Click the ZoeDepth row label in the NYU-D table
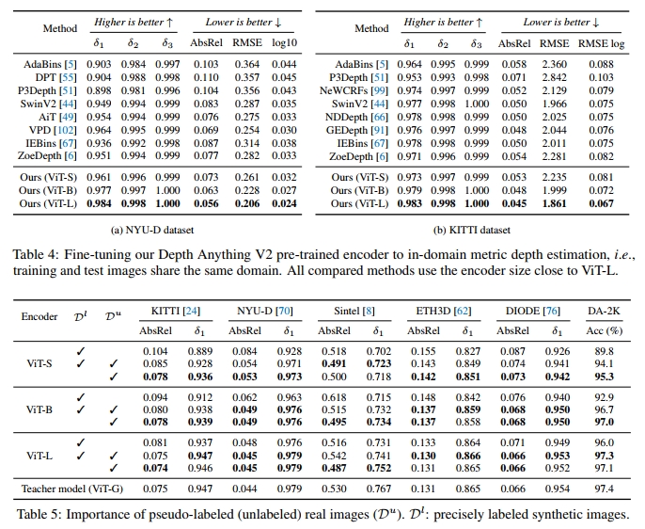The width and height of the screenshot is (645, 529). point(44,155)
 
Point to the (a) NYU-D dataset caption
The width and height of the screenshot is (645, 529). point(159,229)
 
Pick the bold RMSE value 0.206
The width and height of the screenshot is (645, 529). point(246,202)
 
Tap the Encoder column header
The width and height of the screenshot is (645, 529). point(39,316)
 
